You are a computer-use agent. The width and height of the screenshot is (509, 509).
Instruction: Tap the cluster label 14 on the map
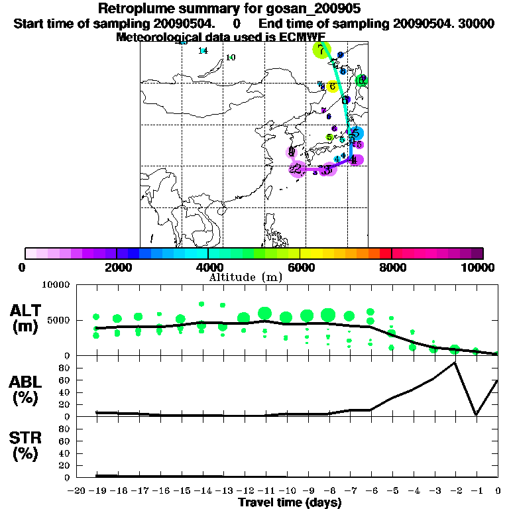coord(203,51)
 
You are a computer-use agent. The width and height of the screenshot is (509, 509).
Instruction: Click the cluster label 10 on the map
coord(231,58)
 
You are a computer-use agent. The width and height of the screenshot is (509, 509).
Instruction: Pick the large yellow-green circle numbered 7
coord(321,50)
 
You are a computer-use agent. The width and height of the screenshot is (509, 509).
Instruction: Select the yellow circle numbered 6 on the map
coord(332,86)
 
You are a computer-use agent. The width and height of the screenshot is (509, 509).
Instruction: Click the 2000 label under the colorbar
coord(117,267)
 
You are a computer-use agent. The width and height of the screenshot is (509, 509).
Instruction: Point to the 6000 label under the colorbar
coord(300,267)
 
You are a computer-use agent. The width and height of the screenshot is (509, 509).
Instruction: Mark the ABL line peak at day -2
coord(455,363)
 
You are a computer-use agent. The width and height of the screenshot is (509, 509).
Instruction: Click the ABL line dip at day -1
coord(477,415)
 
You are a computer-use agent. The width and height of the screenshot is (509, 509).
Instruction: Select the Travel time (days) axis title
coord(290,502)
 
